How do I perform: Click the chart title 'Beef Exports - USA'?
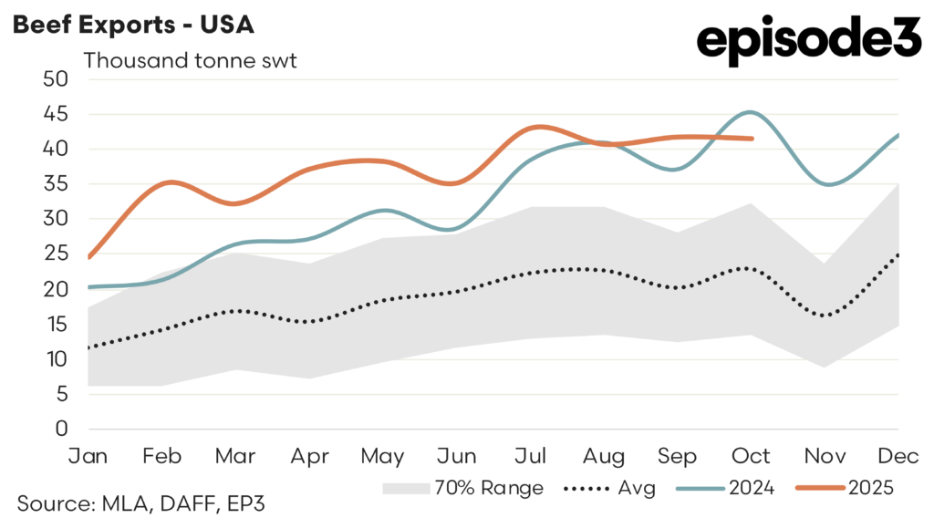tap(133, 26)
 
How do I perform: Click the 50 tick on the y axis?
tap(57, 78)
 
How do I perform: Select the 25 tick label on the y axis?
tap(57, 254)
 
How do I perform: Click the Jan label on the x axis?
tap(88, 455)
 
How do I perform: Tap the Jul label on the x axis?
tap(532, 455)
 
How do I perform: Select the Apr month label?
tap(310, 455)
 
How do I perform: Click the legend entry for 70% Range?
tap(462, 488)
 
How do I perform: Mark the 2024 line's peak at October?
tap(750, 112)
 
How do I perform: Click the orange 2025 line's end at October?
tap(752, 139)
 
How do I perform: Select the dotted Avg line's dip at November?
tap(825, 316)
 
